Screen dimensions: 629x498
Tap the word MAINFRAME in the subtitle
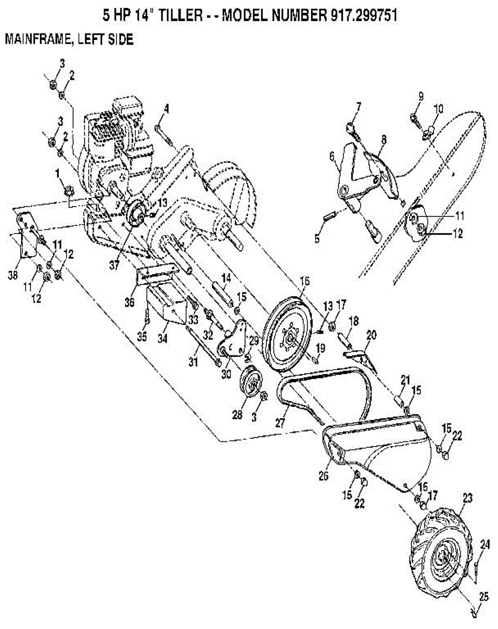pyautogui.click(x=36, y=39)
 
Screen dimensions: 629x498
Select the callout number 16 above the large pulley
pyautogui.click(x=305, y=282)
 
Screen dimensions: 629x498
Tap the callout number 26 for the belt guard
pyautogui.click(x=323, y=476)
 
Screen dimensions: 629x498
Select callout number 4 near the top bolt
pyautogui.click(x=166, y=109)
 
